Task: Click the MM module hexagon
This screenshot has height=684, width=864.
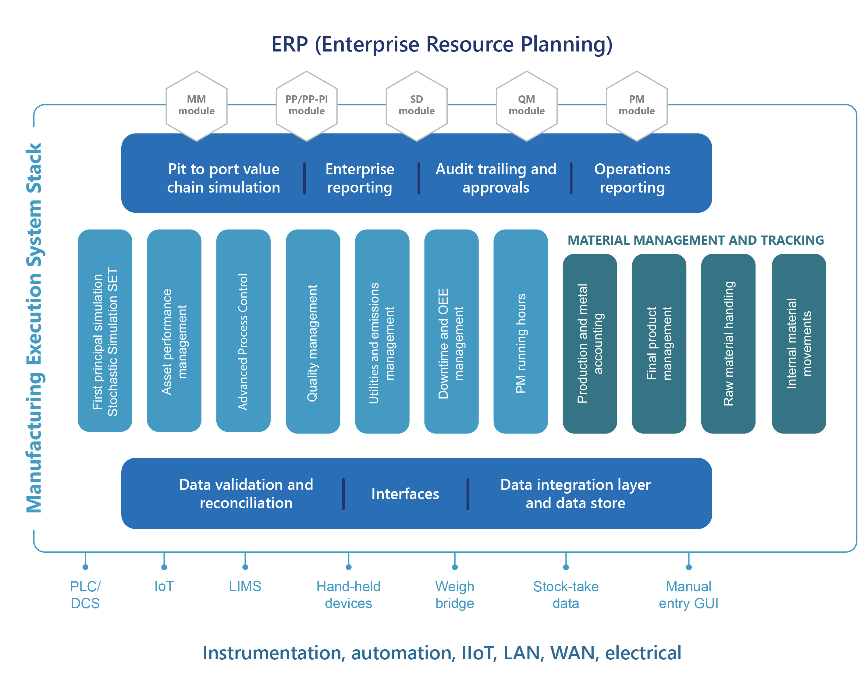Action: coord(196,106)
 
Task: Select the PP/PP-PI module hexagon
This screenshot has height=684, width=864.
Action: coord(306,106)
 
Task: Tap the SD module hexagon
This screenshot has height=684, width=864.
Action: coord(417,106)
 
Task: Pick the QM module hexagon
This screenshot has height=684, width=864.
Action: coord(526,106)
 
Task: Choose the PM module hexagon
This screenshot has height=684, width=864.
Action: coord(636,106)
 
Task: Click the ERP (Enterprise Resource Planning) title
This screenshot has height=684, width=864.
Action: coord(442,44)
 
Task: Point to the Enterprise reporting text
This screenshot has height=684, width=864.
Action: coord(360,178)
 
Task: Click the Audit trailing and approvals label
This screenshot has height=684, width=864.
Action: coord(496,178)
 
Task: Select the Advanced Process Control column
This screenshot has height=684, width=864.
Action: coord(243,331)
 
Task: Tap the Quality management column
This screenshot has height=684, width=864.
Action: coord(313,331)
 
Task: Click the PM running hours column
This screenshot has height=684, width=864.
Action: coord(520,331)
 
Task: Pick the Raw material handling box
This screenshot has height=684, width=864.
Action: coord(728,344)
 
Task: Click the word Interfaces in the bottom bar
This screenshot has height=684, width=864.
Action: coord(405,494)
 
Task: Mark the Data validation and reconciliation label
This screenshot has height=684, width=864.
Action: coord(246,494)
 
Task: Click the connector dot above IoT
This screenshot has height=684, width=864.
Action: coord(164,567)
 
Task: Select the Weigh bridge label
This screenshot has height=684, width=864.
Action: coord(455,595)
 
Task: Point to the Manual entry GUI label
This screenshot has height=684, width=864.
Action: coord(688,595)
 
